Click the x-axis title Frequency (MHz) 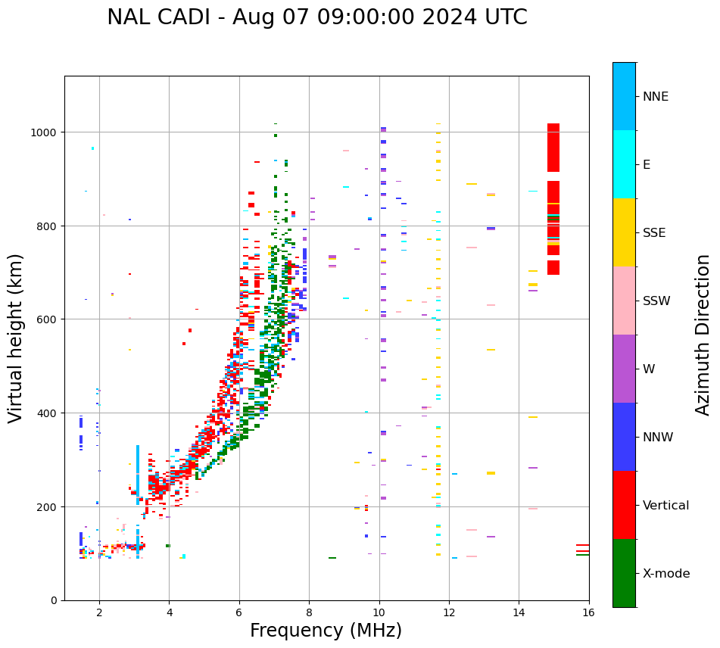pos(326,631)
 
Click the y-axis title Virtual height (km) pos(16,338)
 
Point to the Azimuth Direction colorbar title pos(703,335)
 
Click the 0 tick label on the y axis pos(54,600)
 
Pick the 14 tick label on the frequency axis pos(519,612)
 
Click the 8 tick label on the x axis pos(309,612)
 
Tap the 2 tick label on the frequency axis pos(99,612)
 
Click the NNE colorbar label pos(656,97)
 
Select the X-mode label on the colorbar pos(666,574)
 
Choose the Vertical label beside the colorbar pos(666,506)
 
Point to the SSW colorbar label pos(656,301)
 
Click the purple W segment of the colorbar pos(624,369)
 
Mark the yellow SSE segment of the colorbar pos(624,232)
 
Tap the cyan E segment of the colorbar pos(624,164)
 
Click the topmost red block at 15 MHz pos(553,148)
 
